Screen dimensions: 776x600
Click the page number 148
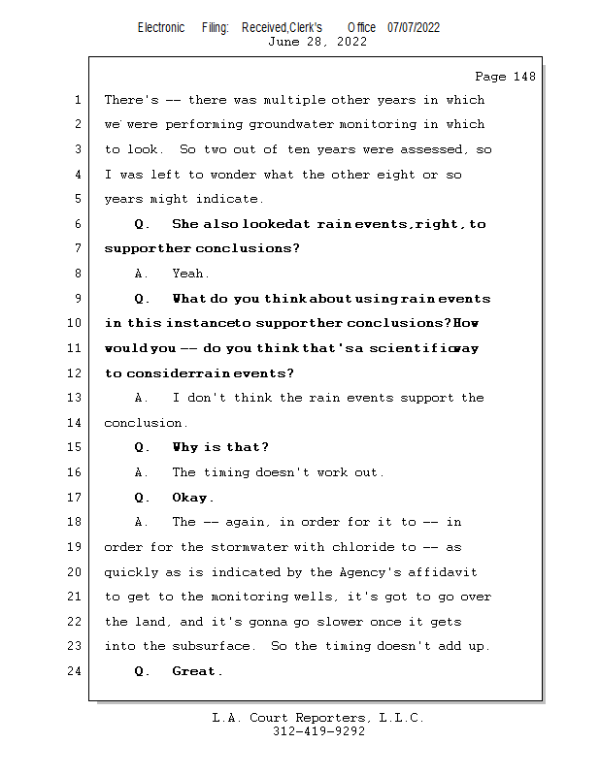click(x=523, y=77)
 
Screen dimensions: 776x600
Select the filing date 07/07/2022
click(x=414, y=27)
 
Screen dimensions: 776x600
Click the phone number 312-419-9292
click(x=318, y=732)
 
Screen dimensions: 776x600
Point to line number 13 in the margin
click(x=77, y=398)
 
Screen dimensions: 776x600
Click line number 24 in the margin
click(x=77, y=671)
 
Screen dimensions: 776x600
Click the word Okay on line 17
click(x=190, y=498)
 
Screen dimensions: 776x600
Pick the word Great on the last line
click(x=195, y=671)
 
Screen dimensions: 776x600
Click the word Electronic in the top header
click(x=161, y=27)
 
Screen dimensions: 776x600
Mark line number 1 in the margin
click(x=77, y=100)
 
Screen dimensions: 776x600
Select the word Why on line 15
click(x=184, y=447)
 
